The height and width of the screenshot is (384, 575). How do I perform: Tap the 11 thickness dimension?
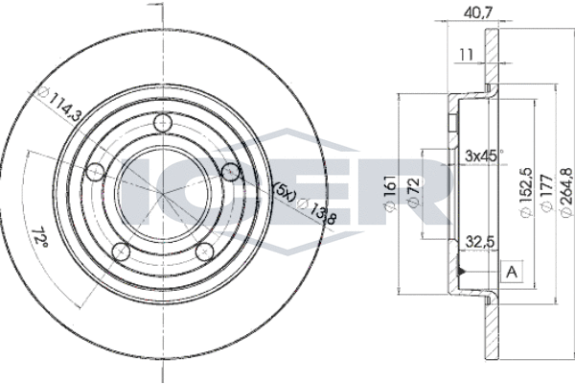pyautogui.click(x=466, y=55)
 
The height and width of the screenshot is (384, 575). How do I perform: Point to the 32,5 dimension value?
pyautogui.click(x=480, y=242)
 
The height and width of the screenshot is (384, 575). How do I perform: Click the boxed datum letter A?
pyautogui.click(x=512, y=272)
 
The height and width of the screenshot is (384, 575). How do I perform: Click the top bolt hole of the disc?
pyautogui.click(x=163, y=123)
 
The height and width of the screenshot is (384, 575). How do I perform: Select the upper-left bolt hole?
pyautogui.click(x=95, y=171)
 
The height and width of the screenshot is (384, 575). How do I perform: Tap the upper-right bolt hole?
pyautogui.click(x=231, y=171)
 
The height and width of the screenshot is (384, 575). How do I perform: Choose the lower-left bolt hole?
pyautogui.click(x=121, y=252)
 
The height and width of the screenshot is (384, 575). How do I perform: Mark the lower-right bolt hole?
pyautogui.click(x=205, y=252)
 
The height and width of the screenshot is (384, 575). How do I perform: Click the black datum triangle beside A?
pyautogui.click(x=461, y=272)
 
